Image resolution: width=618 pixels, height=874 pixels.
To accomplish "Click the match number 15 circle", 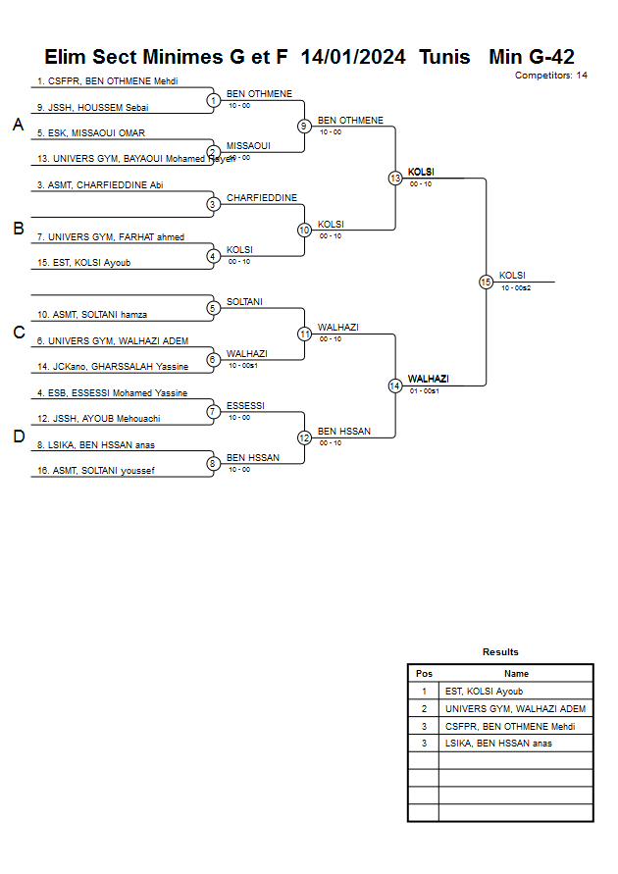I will coord(486,282).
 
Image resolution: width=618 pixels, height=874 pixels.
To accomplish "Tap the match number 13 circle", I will coord(395,179).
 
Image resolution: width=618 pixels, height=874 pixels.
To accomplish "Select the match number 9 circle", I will coord(304,126).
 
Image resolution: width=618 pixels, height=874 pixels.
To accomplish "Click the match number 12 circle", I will coord(304,437).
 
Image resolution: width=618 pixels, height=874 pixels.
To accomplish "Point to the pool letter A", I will coord(18,125).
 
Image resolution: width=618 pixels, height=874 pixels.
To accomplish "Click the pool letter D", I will coord(18,437).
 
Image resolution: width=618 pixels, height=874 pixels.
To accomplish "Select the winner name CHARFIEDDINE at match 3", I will coord(261,198).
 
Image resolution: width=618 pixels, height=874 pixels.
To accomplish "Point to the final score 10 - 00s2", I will coord(516,288).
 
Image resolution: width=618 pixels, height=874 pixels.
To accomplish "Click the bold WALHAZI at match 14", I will coord(428,379).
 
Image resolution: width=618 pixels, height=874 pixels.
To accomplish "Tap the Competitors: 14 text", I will coord(551,76).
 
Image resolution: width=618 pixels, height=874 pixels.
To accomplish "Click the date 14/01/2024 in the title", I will coord(353,57).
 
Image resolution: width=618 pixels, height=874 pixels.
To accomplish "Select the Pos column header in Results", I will coord(424,674).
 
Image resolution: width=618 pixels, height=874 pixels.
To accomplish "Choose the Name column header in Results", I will coord(516,674).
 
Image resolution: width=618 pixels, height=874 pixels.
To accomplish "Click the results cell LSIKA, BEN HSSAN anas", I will coord(498,744).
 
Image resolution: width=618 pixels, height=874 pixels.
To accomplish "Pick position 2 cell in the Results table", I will coord(424,708).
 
